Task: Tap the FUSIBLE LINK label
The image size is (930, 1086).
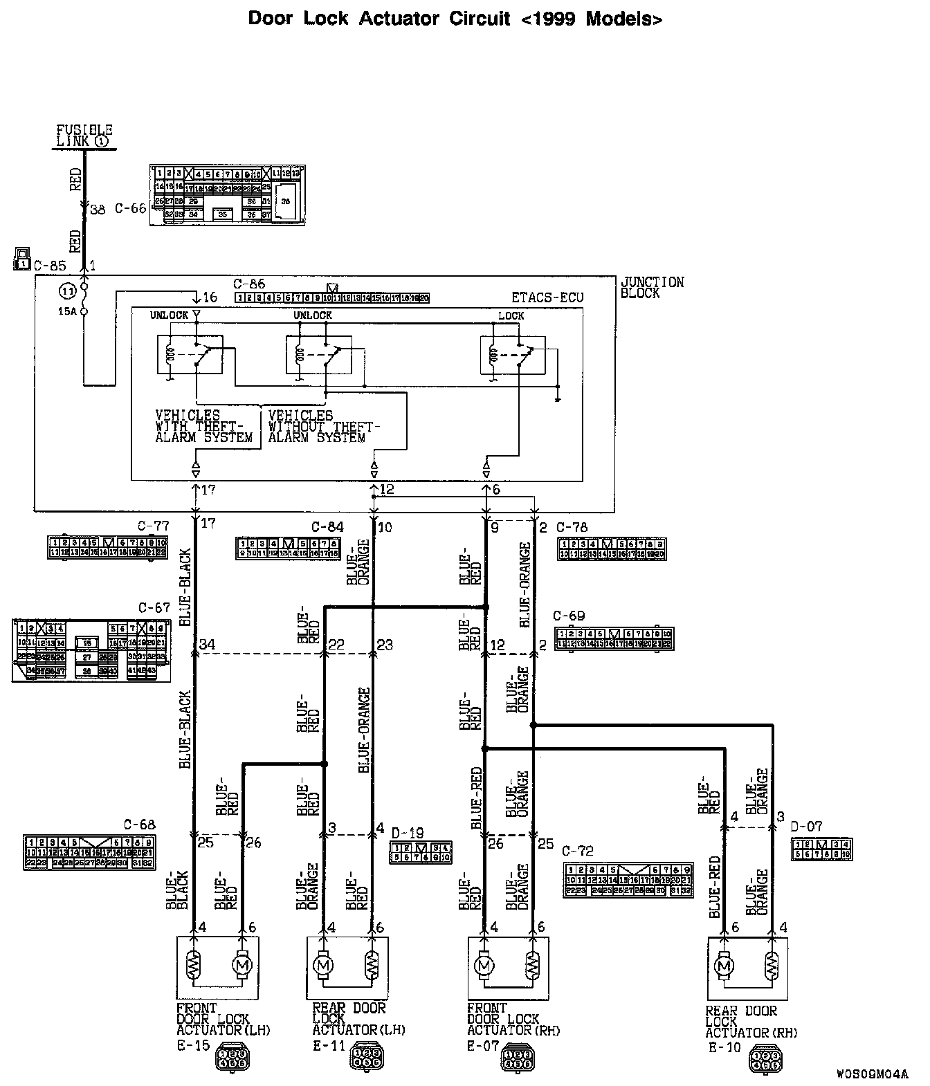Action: pos(84,136)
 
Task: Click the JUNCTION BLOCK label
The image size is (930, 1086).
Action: pos(652,288)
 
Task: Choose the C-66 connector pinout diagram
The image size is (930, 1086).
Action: pos(227,194)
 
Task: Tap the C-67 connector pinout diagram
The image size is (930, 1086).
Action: pos(91,651)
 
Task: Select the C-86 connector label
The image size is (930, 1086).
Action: pos(249,284)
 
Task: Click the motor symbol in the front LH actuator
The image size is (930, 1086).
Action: pos(242,965)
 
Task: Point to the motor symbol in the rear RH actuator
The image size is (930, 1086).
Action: pos(724,965)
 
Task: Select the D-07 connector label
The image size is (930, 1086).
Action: pos(806,827)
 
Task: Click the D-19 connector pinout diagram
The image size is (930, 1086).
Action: pos(421,852)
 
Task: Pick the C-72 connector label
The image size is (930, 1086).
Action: pos(578,851)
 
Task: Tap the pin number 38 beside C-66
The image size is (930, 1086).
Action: pos(98,209)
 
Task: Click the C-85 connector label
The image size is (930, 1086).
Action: pos(50,265)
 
